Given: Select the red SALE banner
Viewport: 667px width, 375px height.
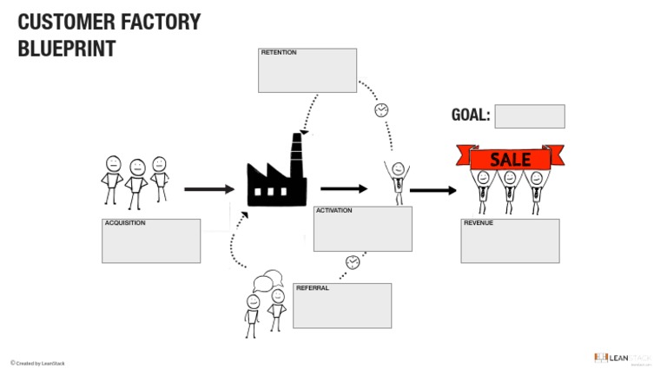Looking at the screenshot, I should click(x=510, y=159).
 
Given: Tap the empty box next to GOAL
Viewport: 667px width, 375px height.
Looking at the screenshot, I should click(x=529, y=116).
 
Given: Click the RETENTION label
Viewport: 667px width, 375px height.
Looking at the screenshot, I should click(x=279, y=53).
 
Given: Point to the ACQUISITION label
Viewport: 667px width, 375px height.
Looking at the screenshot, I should click(x=125, y=223).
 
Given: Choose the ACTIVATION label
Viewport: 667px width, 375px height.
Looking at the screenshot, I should click(x=334, y=211).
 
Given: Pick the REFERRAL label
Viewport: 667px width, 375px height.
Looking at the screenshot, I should click(x=312, y=288).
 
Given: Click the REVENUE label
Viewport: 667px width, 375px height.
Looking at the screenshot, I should click(x=479, y=223).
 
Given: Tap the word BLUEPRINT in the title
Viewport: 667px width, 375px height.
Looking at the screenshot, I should click(x=67, y=49).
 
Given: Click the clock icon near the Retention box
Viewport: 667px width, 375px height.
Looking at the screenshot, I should click(x=381, y=110).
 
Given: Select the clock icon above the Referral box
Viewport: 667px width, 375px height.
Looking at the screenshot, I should click(x=353, y=262).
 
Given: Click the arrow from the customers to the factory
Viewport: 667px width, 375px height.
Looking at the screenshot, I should click(x=209, y=189).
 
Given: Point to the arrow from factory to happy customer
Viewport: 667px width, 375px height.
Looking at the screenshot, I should click(x=344, y=188).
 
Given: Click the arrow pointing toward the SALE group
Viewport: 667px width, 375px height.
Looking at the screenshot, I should click(x=433, y=190).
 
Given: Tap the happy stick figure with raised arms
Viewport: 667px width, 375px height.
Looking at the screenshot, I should click(x=397, y=180).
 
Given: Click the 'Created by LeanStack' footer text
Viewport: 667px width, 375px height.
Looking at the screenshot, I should click(x=38, y=363).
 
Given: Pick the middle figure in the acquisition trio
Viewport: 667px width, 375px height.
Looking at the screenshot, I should click(x=136, y=182).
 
